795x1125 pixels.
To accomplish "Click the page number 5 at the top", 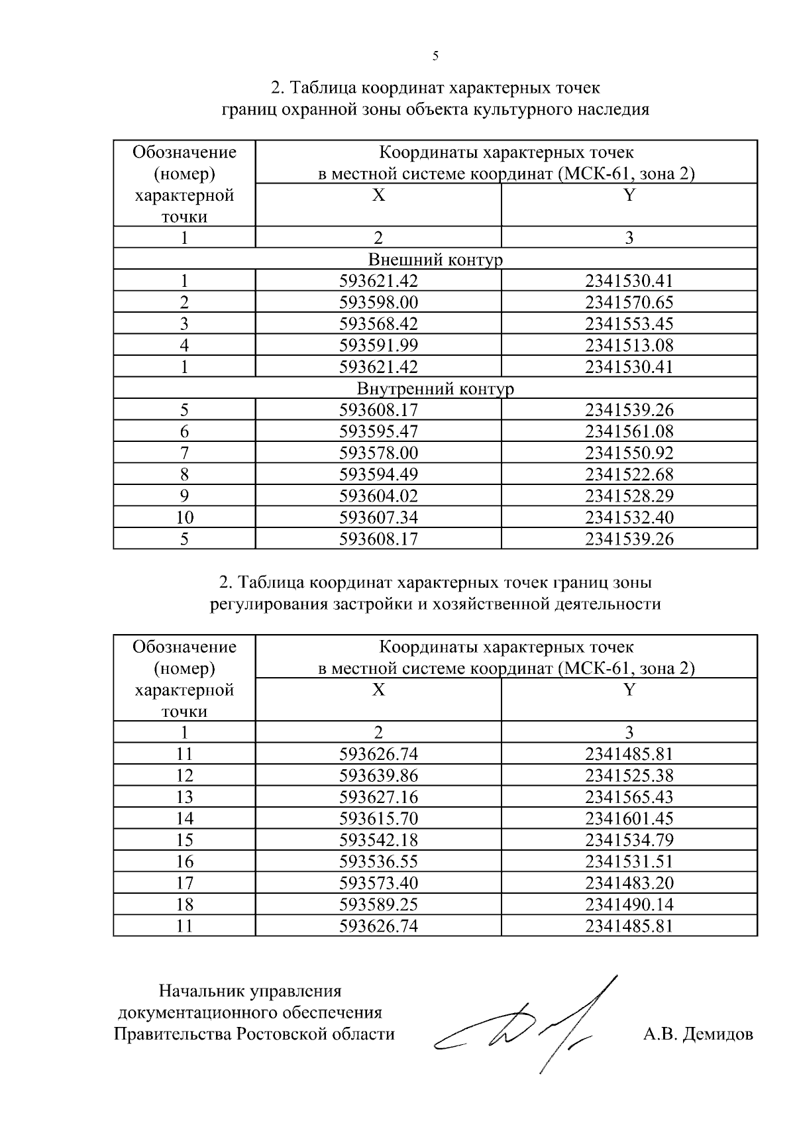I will click(435, 56).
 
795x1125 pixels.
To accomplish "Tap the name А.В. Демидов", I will click(698, 1034).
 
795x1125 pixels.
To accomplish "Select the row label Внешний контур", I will click(435, 260).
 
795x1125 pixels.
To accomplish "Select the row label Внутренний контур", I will click(435, 388).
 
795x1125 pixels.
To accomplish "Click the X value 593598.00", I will click(378, 303).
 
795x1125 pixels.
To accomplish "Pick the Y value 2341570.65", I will click(629, 303).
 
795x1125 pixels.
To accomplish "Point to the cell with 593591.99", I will click(378, 345).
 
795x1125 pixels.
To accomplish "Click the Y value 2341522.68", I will click(629, 474).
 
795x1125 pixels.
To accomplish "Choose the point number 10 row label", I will click(184, 517).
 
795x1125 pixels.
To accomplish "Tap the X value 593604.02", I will click(378, 496).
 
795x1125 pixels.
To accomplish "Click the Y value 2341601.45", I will click(629, 818).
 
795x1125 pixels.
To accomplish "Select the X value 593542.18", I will click(378, 840).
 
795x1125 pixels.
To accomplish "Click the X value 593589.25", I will click(378, 904).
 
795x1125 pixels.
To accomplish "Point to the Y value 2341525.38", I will click(629, 775).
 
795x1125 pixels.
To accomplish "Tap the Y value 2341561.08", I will click(629, 431).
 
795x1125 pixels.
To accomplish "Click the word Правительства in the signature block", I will click(172, 1034).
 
